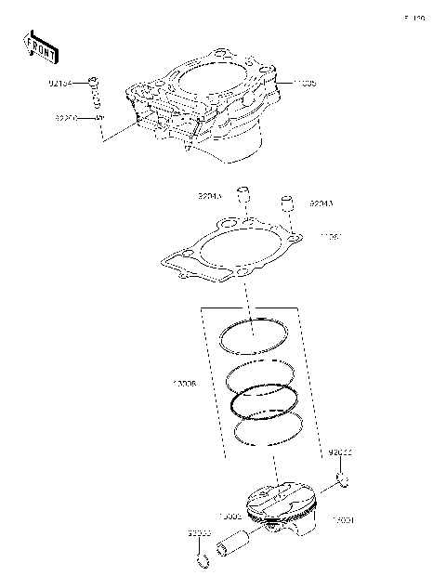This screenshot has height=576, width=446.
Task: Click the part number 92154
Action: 67,83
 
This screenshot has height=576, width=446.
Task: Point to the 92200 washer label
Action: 67,118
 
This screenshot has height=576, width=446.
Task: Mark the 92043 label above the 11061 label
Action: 321,203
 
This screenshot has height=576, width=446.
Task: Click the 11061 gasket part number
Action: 332,237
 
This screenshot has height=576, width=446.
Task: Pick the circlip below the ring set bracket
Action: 343,480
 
